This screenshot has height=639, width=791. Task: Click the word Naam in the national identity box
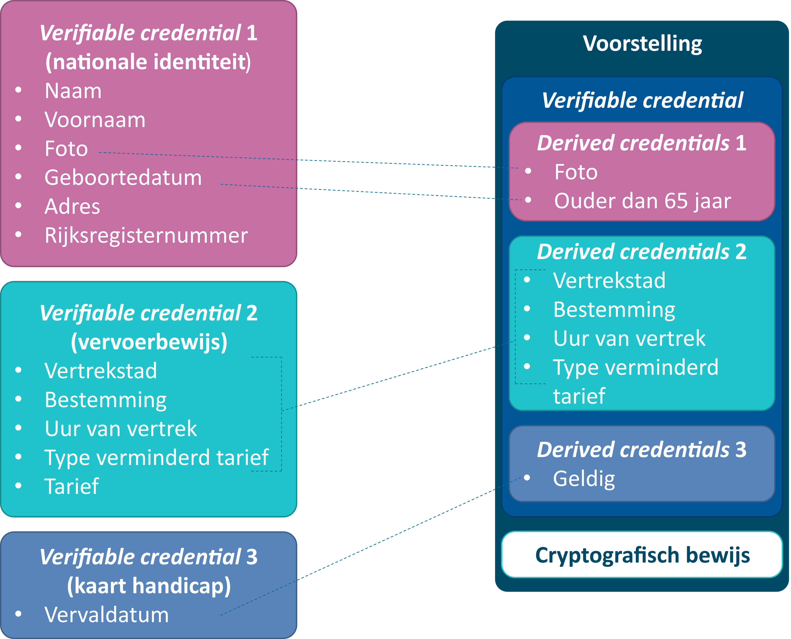coord(73,91)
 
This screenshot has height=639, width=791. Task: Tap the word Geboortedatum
coord(123,178)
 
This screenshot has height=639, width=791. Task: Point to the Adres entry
coord(72,207)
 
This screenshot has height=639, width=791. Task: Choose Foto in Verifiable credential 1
coord(66,149)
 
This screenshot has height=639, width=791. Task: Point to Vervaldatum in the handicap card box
coord(106,615)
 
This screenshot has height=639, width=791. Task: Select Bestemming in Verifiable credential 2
coord(105,400)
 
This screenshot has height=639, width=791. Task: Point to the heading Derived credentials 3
coord(642,450)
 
